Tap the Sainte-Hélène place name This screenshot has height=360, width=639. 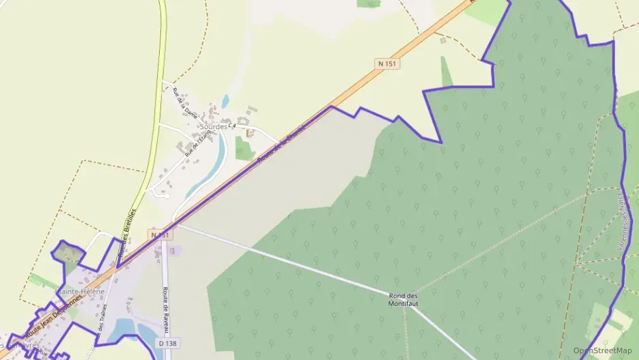(81, 292)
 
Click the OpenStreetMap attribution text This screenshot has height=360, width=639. (602, 350)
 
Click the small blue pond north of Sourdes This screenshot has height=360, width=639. (225, 101)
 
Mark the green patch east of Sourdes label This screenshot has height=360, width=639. (243, 148)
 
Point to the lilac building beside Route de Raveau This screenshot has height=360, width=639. (171, 251)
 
